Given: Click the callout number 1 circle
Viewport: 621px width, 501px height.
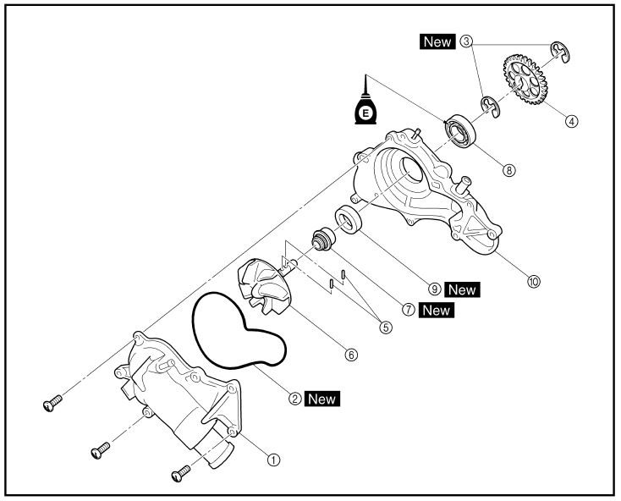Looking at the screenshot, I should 273,460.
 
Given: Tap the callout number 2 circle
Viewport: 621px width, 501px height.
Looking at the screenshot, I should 294,397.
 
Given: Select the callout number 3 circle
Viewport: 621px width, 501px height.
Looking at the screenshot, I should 466,41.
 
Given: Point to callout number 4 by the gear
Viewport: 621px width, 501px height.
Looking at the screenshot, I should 572,121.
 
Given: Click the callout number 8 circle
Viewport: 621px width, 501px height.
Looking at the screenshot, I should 508,169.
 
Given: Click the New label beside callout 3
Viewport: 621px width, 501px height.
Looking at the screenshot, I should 437,41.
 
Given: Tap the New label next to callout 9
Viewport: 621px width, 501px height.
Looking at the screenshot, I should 463,289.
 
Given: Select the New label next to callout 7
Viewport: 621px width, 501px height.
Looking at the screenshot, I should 437,310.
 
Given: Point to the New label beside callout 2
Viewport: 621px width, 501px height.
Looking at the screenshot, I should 322,397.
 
